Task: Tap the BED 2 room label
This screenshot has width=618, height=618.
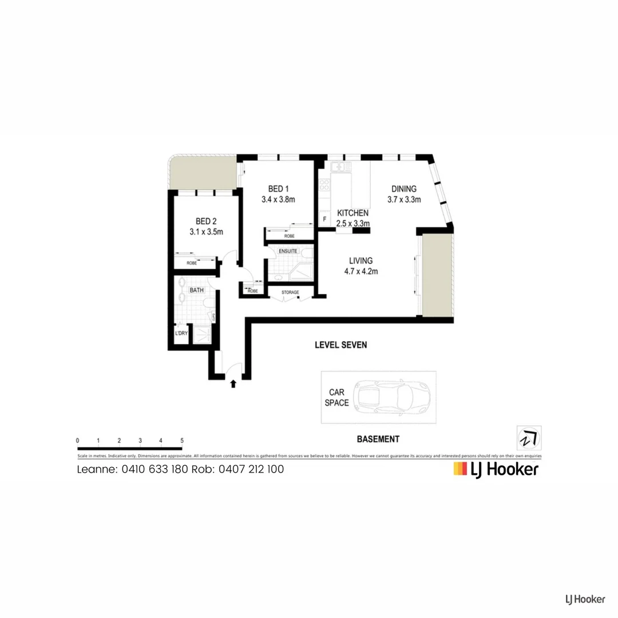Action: [205, 221]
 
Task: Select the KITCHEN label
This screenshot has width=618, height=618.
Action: [352, 213]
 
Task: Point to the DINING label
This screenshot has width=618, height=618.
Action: [403, 189]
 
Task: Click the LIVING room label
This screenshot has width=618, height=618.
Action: [359, 261]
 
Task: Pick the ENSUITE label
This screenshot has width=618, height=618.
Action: [288, 251]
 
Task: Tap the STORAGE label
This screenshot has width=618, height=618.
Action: [290, 292]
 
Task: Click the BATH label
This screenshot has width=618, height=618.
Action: [197, 290]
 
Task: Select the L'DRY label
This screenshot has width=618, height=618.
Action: [181, 334]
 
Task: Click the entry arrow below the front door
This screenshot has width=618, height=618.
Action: [232, 384]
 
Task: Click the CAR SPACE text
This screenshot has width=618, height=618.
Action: [337, 398]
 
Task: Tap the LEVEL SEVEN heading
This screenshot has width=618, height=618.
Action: [340, 345]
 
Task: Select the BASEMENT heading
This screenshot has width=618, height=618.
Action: [378, 439]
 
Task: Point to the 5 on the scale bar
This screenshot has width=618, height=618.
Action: [181, 440]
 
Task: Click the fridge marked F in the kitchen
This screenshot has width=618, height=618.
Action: [324, 219]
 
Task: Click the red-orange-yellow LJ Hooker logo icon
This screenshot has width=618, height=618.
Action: [459, 469]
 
